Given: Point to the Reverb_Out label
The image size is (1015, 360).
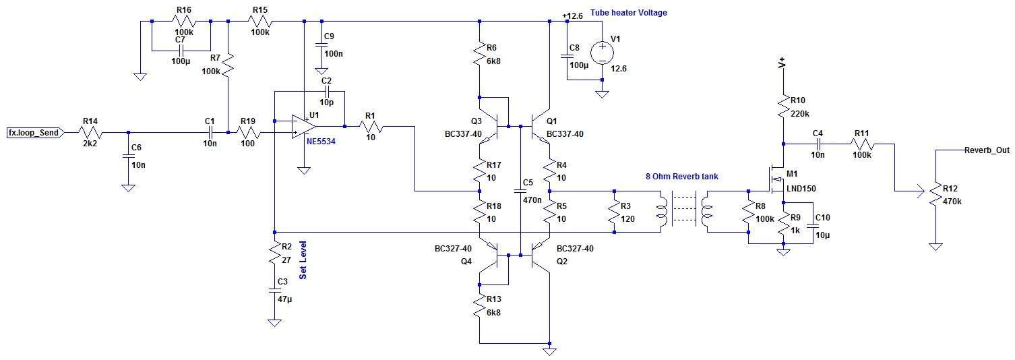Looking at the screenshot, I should (986, 150).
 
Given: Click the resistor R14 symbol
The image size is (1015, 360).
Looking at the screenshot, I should (90, 133).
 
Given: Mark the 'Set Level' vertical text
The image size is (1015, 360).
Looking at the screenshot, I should (303, 264).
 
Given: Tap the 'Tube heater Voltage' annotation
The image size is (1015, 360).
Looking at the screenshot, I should (628, 13).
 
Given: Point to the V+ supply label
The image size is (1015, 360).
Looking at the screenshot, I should (782, 63).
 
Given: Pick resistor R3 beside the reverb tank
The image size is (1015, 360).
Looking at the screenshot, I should (615, 212).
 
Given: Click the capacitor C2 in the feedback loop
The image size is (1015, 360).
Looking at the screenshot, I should (327, 90).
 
